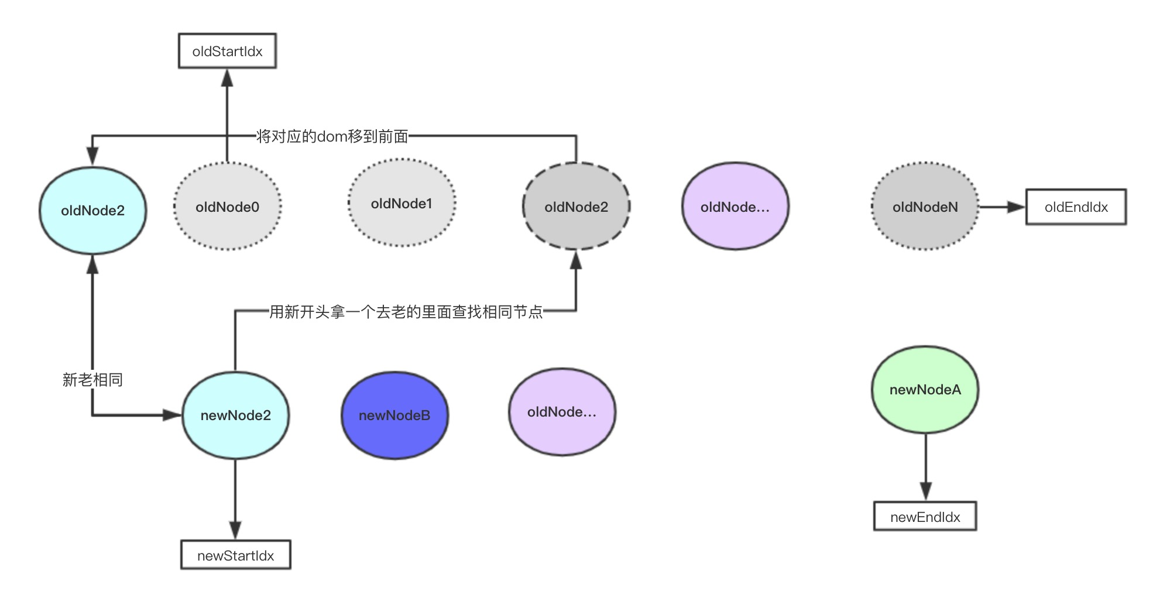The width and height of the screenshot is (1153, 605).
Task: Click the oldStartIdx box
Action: (227, 51)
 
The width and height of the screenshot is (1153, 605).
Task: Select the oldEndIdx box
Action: (1076, 207)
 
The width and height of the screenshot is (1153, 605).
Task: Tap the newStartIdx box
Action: (235, 555)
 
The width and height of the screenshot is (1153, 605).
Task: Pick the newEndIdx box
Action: (925, 517)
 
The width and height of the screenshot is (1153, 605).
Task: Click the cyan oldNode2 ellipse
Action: (92, 211)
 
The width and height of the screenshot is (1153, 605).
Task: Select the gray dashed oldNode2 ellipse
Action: (576, 207)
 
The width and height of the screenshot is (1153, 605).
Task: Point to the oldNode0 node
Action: (227, 207)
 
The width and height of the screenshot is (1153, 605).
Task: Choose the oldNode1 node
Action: (402, 204)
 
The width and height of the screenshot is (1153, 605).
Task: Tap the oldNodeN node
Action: (925, 207)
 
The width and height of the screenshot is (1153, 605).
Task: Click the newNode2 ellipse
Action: (235, 415)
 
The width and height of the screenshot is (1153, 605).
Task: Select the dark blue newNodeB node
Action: (394, 415)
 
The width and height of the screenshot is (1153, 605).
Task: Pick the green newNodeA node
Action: (925, 390)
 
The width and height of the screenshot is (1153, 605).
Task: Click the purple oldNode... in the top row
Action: (735, 207)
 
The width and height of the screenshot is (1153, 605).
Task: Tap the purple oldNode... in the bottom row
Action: (562, 412)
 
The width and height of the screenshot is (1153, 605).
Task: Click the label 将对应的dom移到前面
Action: (332, 136)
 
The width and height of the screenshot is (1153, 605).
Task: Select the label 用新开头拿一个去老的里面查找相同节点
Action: (406, 312)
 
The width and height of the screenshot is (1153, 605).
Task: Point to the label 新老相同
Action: (92, 380)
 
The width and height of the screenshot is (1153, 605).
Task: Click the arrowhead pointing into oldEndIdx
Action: (1016, 207)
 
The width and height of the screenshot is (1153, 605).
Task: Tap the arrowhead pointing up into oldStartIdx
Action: (227, 78)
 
